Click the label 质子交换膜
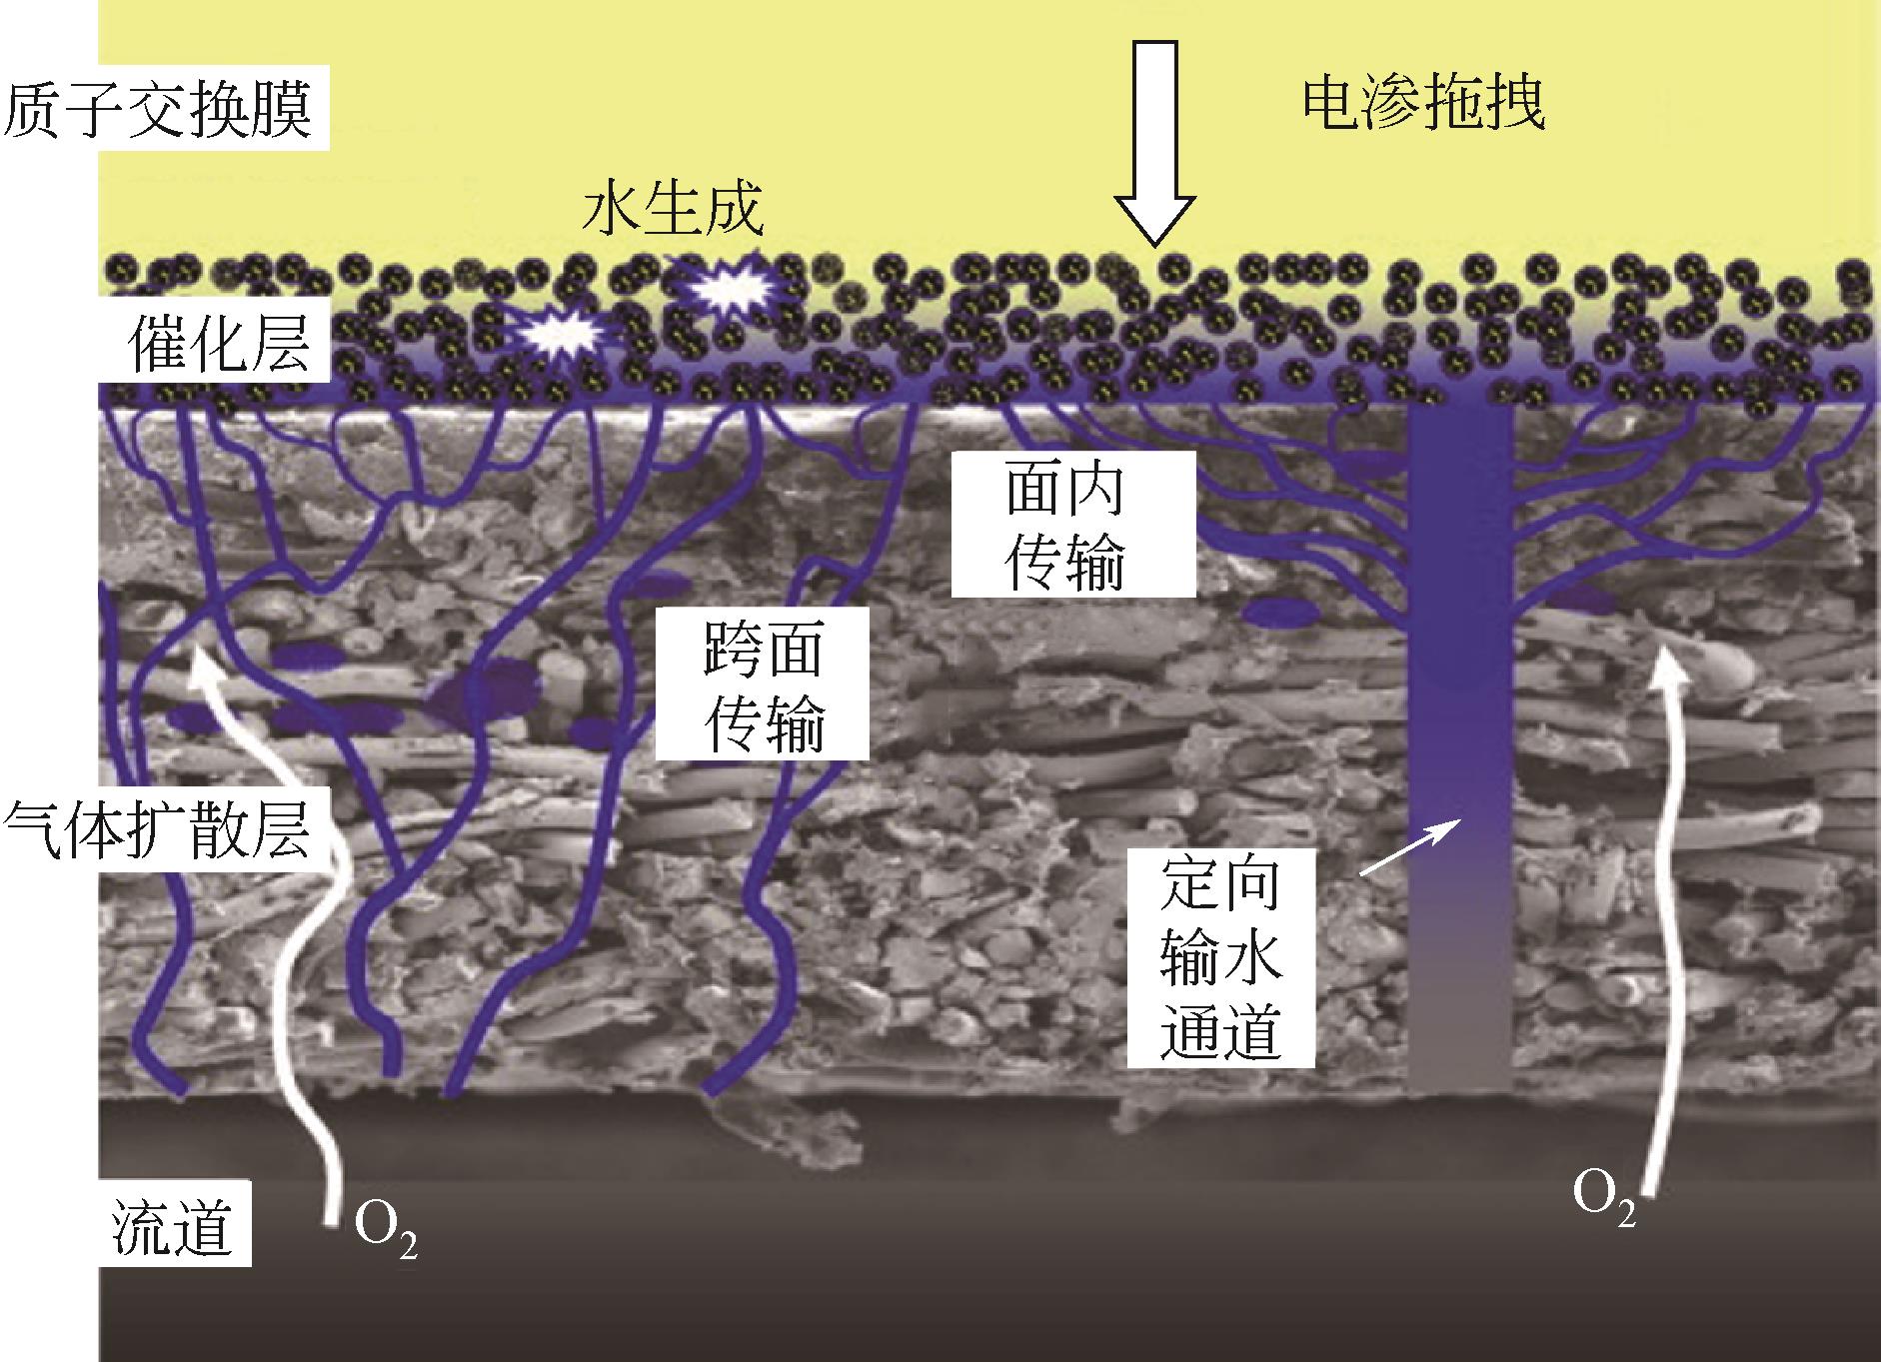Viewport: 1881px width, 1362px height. (160, 109)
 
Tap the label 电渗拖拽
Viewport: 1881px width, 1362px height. (1423, 103)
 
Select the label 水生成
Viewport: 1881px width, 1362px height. (674, 210)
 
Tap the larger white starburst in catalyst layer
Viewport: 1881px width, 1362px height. (730, 286)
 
